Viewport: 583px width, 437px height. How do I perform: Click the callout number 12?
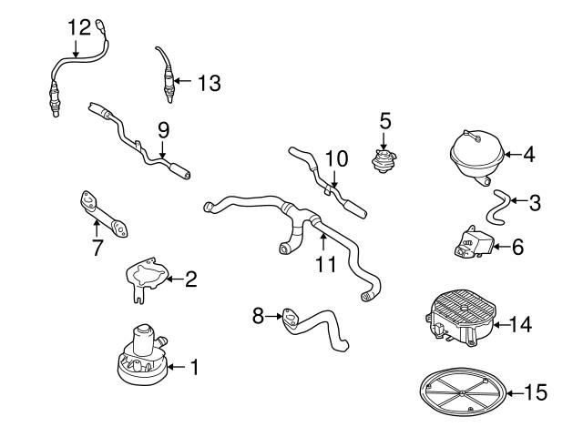[x=80, y=26]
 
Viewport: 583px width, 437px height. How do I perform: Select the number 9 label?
[x=164, y=129]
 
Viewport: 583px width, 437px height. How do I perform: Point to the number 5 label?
[x=384, y=119]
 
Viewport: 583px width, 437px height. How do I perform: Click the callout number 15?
[x=537, y=392]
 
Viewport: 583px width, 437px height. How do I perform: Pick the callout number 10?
[x=336, y=158]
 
